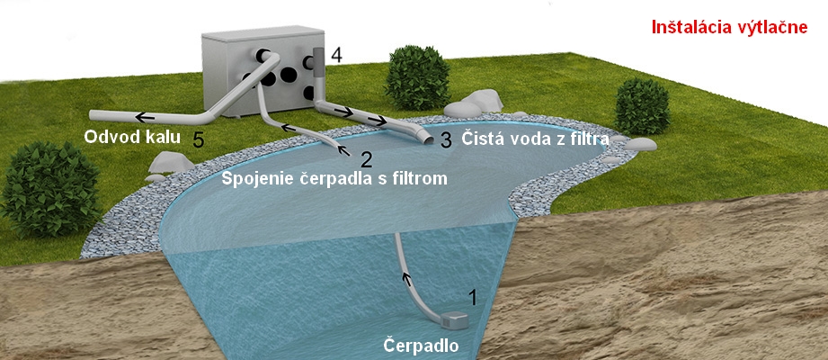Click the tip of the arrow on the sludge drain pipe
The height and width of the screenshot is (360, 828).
[x=136, y=117]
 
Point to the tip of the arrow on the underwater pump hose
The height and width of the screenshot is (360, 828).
[x=405, y=273]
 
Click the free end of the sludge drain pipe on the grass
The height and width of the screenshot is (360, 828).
[x=91, y=114]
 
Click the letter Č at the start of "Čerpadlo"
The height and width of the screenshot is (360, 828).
[x=389, y=346]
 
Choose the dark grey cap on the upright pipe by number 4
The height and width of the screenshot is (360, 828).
[x=320, y=62]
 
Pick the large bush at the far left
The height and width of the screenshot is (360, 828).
[x=49, y=188]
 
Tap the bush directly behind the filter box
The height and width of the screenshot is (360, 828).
[x=417, y=78]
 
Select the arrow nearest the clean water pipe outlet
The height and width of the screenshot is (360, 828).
[x=377, y=121]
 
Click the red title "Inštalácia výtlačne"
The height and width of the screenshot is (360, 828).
[x=729, y=28]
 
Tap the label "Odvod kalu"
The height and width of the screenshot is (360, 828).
[x=132, y=138]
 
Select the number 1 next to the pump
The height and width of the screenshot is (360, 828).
[x=473, y=298]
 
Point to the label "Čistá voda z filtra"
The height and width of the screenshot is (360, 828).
[x=536, y=139]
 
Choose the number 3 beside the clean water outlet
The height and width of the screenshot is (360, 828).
[x=446, y=140]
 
